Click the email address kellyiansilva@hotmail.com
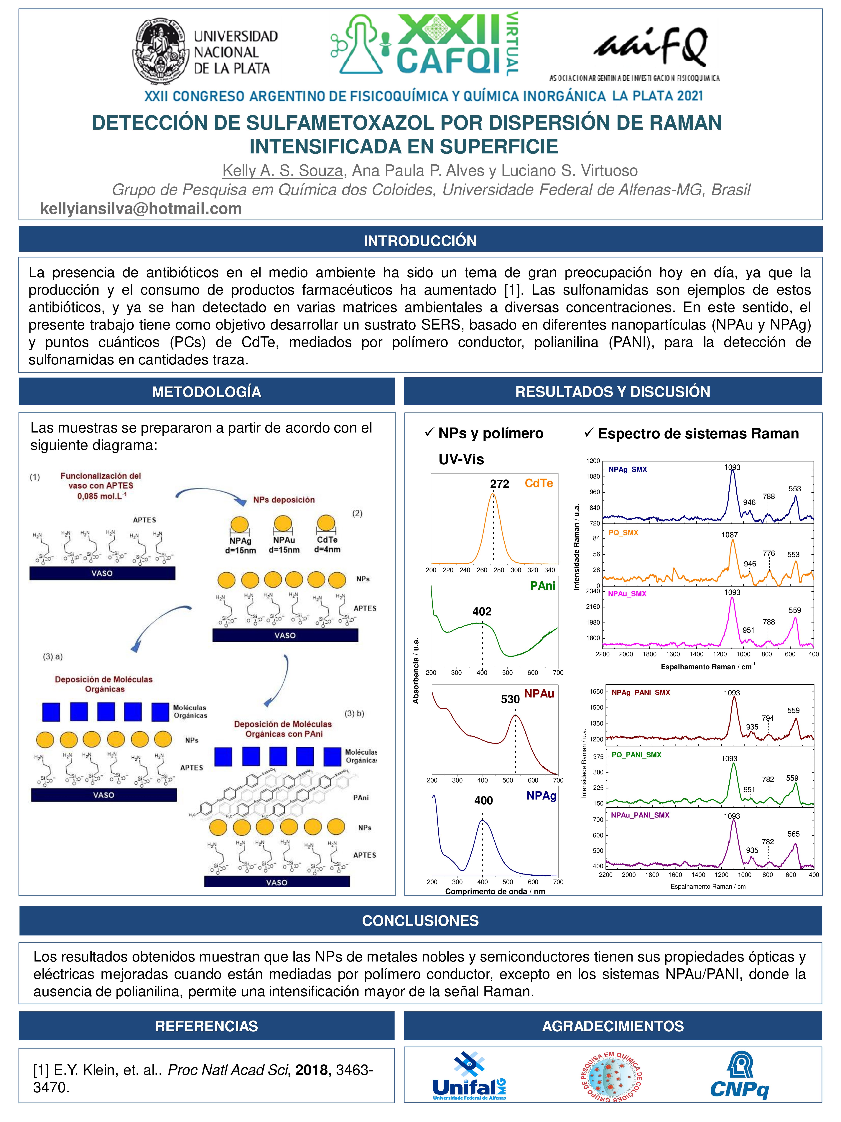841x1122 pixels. coord(141,209)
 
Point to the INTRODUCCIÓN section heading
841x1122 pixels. coord(420,240)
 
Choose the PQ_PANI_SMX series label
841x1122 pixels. coord(636,755)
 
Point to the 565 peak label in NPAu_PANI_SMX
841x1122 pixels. coord(793,834)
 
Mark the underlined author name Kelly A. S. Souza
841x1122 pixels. coord(283,171)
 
